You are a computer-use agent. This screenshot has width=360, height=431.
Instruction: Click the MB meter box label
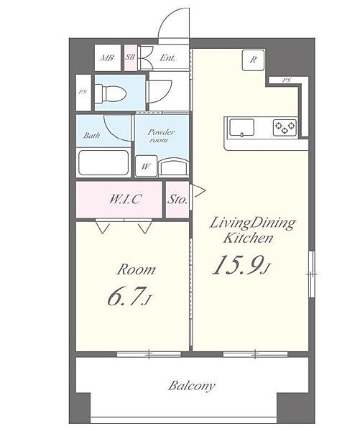(107, 58)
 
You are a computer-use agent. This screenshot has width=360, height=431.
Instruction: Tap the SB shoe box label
(130, 57)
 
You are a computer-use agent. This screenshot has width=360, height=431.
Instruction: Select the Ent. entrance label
(167, 58)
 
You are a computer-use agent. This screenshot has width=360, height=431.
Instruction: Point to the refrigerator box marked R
(253, 60)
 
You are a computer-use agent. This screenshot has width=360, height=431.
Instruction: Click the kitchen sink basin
(241, 128)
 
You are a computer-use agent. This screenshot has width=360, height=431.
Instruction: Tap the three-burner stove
(285, 128)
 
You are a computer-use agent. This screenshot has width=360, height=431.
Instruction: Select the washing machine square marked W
(146, 166)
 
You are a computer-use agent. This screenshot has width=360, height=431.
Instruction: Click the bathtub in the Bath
(103, 163)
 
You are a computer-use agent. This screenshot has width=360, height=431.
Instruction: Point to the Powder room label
(161, 136)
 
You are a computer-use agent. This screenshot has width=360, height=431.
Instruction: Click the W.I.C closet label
(126, 199)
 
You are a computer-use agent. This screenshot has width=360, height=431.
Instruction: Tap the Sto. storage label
(177, 200)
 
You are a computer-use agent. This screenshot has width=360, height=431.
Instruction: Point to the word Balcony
(192, 386)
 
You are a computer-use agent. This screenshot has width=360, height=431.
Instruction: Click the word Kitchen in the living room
(248, 238)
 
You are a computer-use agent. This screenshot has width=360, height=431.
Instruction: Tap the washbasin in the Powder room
(174, 167)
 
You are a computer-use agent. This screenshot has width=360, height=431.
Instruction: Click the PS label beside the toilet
(82, 92)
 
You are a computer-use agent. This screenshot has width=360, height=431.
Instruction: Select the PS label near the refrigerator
(286, 80)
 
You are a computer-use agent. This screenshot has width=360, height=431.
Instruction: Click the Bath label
(91, 135)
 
